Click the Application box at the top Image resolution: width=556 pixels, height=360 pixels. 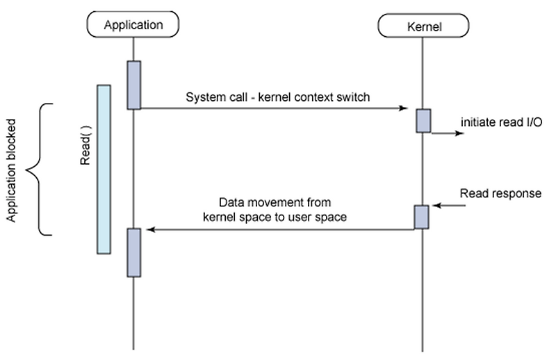tap(133, 25)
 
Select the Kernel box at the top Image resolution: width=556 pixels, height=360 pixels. tap(423, 26)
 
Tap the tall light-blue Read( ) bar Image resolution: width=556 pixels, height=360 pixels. tap(104, 169)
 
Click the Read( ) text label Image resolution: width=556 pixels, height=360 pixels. tap(86, 149)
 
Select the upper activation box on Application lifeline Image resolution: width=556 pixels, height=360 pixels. tap(133, 85)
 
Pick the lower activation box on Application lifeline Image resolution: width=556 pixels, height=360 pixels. tap(133, 251)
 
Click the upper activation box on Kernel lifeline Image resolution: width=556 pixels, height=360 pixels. tap(423, 120)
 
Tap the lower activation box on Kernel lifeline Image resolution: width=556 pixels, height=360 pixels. tap(422, 216)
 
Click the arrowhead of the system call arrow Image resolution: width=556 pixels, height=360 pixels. tap(402, 108)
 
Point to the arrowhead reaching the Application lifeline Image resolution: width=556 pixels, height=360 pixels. tap(147, 229)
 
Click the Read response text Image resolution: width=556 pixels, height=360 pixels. tap(500, 193)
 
